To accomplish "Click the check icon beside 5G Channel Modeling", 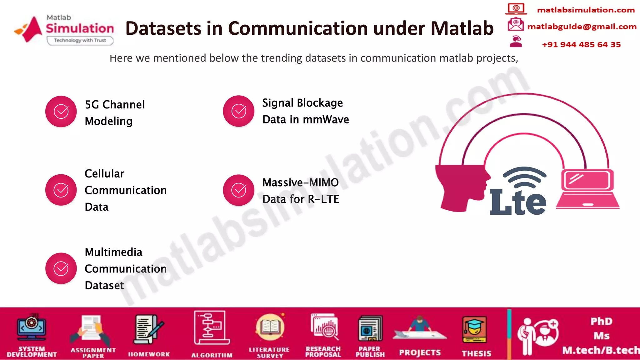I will [x=61, y=112].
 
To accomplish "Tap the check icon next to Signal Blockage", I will [x=239, y=111].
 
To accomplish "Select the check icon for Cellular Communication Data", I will [x=61, y=190].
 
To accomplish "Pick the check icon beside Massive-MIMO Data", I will [x=239, y=190].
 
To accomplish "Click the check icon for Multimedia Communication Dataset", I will [x=61, y=268].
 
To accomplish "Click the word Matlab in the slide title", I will [x=462, y=28].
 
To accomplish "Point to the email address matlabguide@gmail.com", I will [x=582, y=27].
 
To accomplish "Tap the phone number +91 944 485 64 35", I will [x=581, y=45].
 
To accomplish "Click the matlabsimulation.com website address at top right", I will [x=586, y=10].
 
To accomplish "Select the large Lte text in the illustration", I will [x=517, y=202].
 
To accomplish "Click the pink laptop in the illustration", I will [x=587, y=189].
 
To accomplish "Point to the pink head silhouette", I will [x=461, y=187].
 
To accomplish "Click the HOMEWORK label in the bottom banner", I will [x=149, y=354].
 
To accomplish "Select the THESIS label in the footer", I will [x=477, y=353].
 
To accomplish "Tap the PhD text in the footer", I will [x=601, y=321].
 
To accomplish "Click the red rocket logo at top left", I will [x=30, y=29].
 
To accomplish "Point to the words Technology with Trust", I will [x=80, y=40].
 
